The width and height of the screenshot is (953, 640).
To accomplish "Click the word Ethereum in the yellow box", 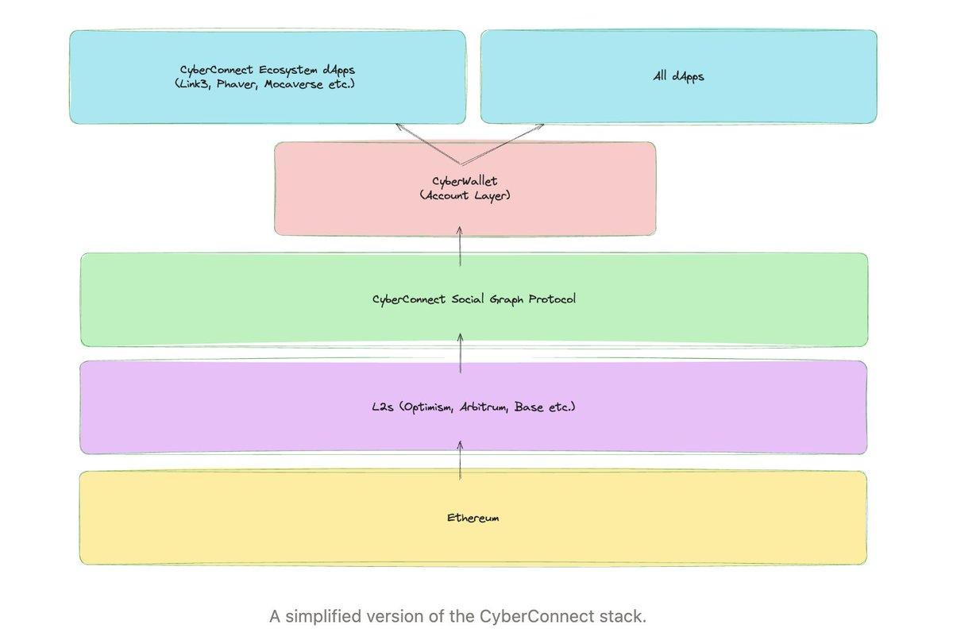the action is [x=473, y=518].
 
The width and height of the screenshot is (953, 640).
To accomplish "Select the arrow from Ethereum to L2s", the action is [x=460, y=461].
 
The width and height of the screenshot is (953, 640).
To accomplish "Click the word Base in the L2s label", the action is [x=529, y=407].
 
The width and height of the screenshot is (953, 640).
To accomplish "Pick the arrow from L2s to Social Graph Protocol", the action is [x=461, y=353].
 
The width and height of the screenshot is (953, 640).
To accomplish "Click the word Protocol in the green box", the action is [x=552, y=299].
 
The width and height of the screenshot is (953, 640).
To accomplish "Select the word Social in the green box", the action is [x=468, y=299].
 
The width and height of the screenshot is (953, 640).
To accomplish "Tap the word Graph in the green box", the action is [x=507, y=300].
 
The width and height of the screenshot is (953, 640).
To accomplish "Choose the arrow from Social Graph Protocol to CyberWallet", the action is [x=460, y=247].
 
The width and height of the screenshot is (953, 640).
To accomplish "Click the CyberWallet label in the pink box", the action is [x=465, y=181].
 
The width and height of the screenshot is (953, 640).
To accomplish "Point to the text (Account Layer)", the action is [x=465, y=195].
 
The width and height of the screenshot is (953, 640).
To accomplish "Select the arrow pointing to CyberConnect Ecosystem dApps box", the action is [x=428, y=144].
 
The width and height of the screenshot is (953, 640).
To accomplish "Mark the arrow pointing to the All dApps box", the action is [x=503, y=144].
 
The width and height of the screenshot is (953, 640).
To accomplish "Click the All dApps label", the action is [x=678, y=76].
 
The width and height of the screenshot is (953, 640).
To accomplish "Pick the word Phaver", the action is [x=237, y=84].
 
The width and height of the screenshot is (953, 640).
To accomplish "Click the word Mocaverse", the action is [x=294, y=84].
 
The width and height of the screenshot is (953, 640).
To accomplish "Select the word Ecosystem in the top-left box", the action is [x=287, y=70].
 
